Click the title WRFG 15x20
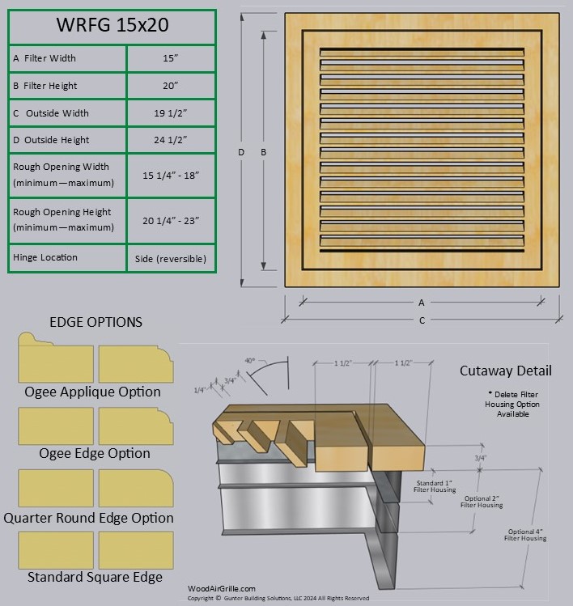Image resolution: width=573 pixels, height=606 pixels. point(112,25)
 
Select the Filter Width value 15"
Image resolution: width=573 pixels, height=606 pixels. point(170,58)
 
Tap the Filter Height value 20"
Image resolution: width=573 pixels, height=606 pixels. point(170,86)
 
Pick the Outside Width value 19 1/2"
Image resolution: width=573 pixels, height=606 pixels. point(170,113)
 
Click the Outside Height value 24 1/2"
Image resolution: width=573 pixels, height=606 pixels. point(170,140)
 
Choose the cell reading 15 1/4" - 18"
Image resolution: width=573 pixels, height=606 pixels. point(170,175)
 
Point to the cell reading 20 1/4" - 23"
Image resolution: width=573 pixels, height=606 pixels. point(170,220)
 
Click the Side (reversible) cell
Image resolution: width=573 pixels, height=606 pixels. point(170,259)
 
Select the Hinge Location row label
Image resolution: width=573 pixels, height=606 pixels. point(45,257)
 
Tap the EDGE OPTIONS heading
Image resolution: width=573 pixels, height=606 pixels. point(95,322)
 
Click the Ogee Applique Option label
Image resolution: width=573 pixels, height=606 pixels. point(92,392)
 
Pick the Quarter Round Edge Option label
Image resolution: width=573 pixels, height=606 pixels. point(88,518)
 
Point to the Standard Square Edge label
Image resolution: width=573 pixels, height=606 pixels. point(95,577)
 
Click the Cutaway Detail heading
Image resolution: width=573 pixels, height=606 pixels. point(506,371)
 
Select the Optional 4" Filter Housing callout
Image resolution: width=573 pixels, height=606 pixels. point(526,535)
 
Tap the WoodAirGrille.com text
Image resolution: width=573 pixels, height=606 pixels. point(222,589)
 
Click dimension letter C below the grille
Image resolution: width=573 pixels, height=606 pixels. point(422,320)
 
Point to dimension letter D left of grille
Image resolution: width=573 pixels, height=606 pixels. point(241,152)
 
